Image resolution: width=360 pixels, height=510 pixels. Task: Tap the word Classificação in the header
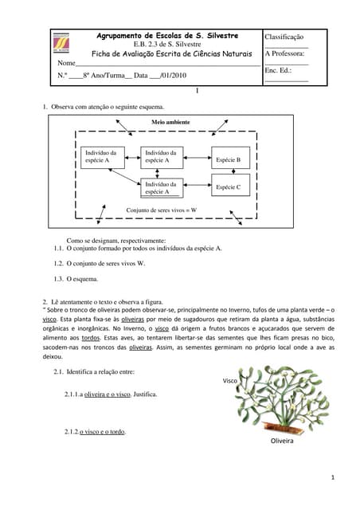284,37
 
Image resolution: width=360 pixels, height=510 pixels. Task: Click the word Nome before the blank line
67,63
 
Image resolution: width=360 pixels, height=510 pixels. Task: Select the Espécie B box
233,159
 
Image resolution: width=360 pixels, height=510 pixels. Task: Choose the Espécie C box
233,187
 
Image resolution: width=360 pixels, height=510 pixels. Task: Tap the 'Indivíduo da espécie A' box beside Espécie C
162,187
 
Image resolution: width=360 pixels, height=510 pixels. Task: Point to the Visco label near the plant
230,382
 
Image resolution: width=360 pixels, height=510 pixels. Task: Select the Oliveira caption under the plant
282,440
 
